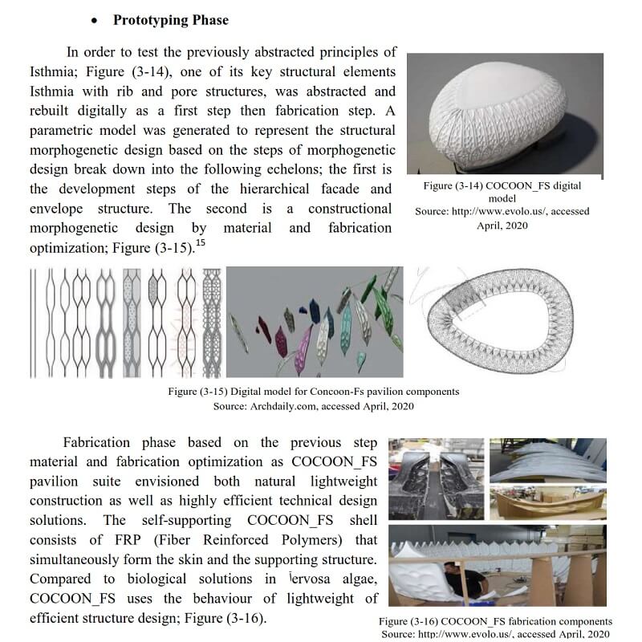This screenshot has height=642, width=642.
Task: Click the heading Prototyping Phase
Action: pos(170,20)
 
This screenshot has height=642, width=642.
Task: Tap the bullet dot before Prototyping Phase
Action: pos(95,21)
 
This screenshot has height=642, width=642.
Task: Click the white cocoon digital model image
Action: pos(506,115)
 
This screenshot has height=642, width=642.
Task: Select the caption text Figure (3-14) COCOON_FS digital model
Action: pos(502,192)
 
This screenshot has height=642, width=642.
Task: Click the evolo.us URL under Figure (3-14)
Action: pos(502,211)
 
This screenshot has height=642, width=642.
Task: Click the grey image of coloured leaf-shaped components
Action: pos(314,322)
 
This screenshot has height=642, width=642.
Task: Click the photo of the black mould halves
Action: pos(436,476)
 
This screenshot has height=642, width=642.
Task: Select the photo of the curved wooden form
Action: pos(547,502)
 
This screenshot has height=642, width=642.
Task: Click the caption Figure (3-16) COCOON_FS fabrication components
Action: pos(496,622)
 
